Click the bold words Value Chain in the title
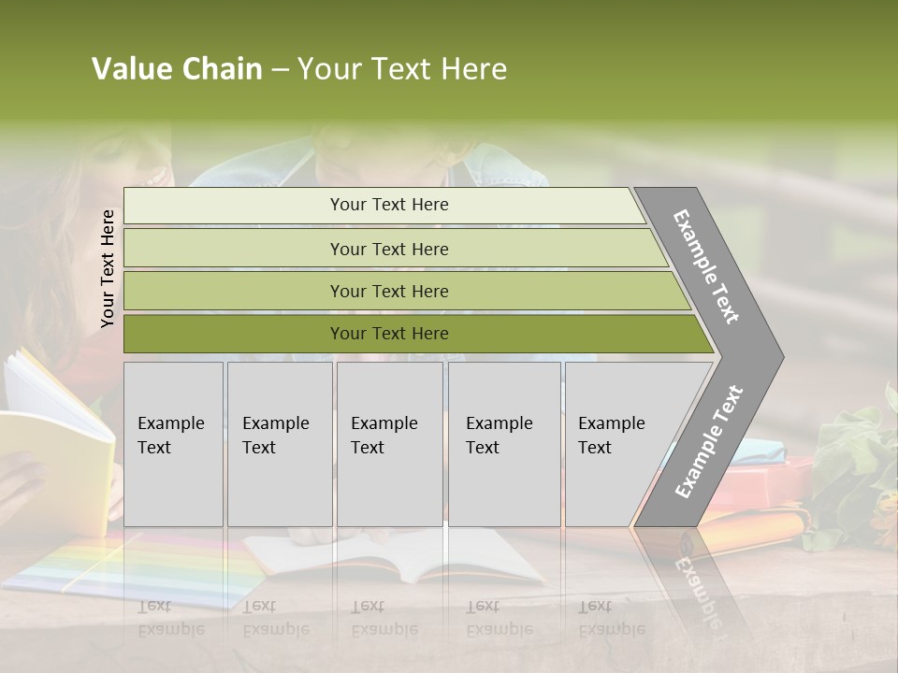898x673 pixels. click(x=177, y=69)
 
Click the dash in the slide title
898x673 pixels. click(x=280, y=70)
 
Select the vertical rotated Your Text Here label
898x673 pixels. click(x=108, y=268)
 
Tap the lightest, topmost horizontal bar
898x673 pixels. click(x=389, y=205)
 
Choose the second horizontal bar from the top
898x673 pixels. click(x=389, y=249)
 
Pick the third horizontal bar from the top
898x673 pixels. click(x=389, y=291)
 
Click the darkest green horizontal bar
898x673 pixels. click(x=389, y=334)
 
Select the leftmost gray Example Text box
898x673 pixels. click(x=173, y=444)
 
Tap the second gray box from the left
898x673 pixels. click(x=279, y=444)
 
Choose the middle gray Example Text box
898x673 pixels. click(x=389, y=444)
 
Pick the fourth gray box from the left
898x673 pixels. click(x=503, y=444)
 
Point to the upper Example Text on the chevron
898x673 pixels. click(x=706, y=266)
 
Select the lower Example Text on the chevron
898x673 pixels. click(x=709, y=442)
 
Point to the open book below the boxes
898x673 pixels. click(x=393, y=556)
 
